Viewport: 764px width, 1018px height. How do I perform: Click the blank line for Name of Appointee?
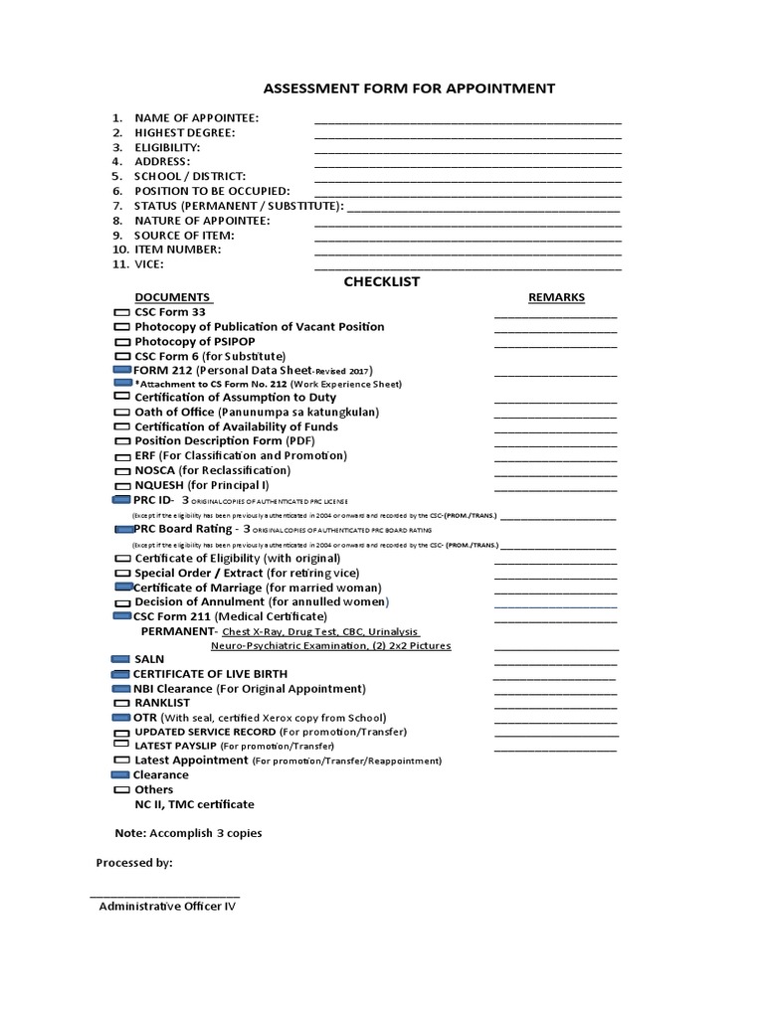468,121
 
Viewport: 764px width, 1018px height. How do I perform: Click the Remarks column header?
556,297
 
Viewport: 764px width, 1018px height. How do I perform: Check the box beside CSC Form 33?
122,313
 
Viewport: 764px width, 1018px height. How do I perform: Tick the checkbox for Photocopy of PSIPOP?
122,342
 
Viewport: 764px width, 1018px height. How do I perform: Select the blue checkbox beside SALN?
120,659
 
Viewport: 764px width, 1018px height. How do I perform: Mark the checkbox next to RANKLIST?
121,703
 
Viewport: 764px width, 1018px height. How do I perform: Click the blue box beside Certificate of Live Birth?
120,674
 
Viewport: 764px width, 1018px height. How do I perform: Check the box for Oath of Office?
122,413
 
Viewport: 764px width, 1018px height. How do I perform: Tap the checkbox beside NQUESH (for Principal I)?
122,485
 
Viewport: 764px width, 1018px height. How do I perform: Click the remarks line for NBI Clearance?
555,692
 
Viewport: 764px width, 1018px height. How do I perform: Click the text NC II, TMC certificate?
194,804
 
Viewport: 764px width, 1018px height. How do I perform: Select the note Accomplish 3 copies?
189,833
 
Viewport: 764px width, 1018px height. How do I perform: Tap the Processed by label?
134,863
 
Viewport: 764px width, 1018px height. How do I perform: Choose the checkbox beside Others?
120,790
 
